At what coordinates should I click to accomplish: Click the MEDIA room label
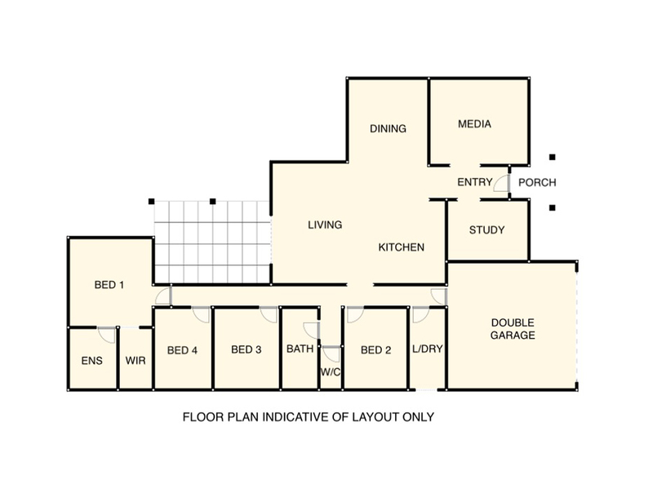coord(474,124)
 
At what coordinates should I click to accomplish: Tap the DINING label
coord(388,128)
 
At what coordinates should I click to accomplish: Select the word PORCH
coord(537,182)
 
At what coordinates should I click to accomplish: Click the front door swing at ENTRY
coord(500,184)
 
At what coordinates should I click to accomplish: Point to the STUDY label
coord(486,230)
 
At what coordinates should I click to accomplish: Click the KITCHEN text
coord(401,247)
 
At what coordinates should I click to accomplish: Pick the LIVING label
coord(325,225)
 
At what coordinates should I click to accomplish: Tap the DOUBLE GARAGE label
coord(513,329)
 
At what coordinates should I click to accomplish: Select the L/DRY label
coord(427,349)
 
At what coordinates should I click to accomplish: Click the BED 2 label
coord(375,350)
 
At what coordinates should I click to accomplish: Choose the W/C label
coord(331,372)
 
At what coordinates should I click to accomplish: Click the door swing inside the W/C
coord(332,354)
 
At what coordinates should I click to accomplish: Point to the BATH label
coord(300,349)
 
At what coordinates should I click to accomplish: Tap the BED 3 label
coord(247,349)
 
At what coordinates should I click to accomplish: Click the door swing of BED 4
coord(201,314)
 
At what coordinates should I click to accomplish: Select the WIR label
coord(135,361)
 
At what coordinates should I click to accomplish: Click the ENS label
coord(91,361)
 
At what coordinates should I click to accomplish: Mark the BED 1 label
coord(109,285)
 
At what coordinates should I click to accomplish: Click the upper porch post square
coord(553,157)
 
